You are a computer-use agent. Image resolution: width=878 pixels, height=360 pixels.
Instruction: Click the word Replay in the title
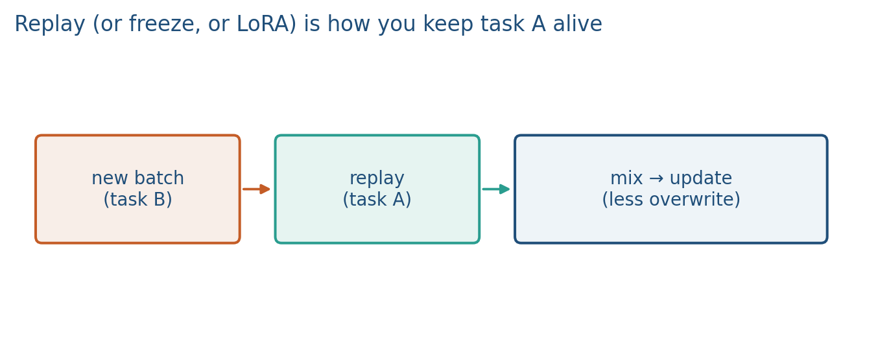pos(50,25)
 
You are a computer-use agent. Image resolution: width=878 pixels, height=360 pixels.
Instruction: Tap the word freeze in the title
pos(165,24)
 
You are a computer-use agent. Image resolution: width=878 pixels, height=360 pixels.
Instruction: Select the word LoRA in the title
pos(267,24)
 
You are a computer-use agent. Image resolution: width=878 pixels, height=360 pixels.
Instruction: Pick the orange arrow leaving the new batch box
pos(256,189)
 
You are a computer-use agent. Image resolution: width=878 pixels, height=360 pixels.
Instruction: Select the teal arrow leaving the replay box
pos(496,189)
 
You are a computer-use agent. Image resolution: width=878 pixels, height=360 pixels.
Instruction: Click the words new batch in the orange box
pos(138,178)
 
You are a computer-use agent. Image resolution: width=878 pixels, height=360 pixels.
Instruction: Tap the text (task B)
pos(138,199)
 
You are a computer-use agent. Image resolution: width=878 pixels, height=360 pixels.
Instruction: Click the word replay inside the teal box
pos(377,179)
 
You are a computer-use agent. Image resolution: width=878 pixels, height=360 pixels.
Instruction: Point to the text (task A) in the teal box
pos(377,199)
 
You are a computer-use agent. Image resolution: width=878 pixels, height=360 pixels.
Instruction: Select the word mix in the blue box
pos(626,178)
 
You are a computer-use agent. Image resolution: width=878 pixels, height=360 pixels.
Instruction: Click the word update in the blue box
pos(701,179)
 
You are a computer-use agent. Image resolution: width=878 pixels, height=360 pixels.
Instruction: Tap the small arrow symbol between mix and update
pos(656,179)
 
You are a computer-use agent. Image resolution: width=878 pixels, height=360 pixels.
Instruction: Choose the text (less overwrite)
pos(671,199)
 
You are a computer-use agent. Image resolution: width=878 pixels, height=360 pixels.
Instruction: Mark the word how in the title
pos(349,24)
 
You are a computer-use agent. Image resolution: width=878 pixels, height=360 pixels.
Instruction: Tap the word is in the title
pos(312,24)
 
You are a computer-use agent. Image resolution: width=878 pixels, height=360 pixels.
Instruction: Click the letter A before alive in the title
pos(539,24)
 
